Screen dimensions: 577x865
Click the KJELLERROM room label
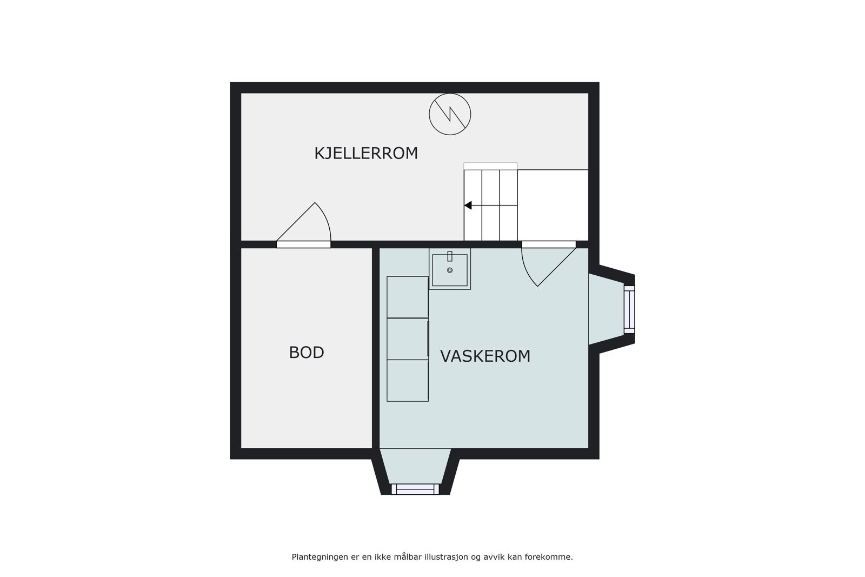click(x=366, y=153)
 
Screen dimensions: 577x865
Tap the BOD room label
click(x=306, y=353)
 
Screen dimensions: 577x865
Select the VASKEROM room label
click(x=485, y=356)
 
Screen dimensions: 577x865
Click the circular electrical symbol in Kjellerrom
click(x=450, y=114)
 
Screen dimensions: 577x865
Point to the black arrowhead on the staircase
click(x=468, y=205)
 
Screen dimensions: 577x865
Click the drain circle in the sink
click(x=450, y=270)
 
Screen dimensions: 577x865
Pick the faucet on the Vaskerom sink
click(x=450, y=256)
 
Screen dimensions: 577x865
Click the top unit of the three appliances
click(x=408, y=297)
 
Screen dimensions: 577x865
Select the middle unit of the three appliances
click(x=408, y=339)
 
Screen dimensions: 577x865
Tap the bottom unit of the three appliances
click(x=408, y=380)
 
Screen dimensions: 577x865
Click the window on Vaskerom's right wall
click(x=629, y=309)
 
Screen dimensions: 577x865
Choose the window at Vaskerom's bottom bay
click(x=415, y=489)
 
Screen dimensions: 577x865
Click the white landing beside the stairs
click(x=553, y=205)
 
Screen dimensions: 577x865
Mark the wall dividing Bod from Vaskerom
click(x=376, y=348)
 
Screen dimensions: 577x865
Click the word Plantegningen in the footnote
click(x=318, y=556)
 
